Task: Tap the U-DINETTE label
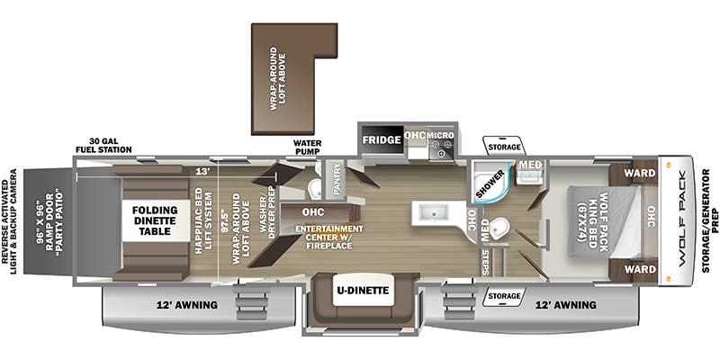[x=363, y=291]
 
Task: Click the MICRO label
[x=441, y=136]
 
